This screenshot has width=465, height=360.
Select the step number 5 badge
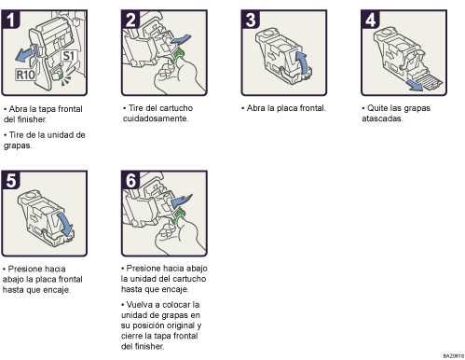[x=13, y=181]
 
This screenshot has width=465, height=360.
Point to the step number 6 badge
[x=132, y=181]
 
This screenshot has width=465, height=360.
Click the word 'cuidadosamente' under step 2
[x=157, y=119]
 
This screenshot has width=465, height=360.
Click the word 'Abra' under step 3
[x=256, y=108]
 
